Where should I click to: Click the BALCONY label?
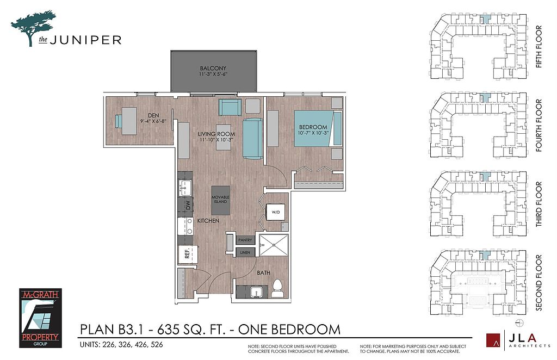coord(213,68)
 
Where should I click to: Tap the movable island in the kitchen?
coord(221,200)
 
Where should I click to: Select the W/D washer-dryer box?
coord(276,212)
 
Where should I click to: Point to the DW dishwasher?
coord(188,205)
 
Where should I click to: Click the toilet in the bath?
coord(277,288)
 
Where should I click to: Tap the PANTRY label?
coord(245,240)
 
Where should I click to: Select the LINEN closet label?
coord(245,252)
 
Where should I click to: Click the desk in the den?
coord(129,121)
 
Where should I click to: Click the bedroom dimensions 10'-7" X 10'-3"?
coord(313,133)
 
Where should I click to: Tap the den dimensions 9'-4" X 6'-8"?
coord(153,121)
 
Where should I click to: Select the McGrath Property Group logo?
coord(40,318)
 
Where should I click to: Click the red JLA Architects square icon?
coord(493,340)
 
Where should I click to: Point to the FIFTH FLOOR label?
coord(539,47)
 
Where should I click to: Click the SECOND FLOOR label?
coord(539,283)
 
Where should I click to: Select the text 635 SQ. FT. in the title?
coord(190,329)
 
